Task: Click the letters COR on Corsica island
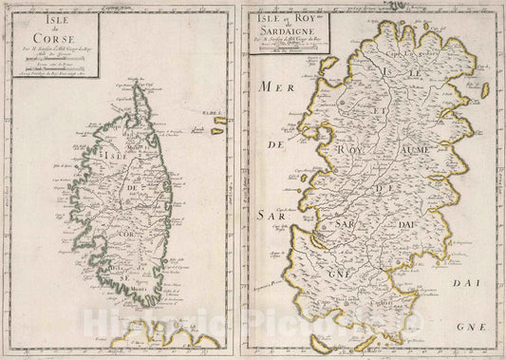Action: tap(123, 231)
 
